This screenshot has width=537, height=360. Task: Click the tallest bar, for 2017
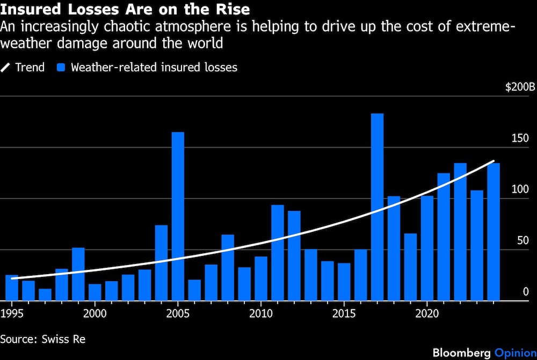pos(377,207)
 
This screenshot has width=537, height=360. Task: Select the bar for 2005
pos(178,216)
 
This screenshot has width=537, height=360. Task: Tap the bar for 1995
pos(12,288)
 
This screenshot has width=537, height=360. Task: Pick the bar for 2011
pos(278,253)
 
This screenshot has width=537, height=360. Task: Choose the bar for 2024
pos(494,232)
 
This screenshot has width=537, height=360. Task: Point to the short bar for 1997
pos(45,295)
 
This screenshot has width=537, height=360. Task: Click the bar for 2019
pos(410,267)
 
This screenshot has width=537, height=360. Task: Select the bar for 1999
pos(78,274)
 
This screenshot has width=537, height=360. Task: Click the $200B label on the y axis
pos(520,87)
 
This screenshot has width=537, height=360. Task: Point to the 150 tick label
pos(520,138)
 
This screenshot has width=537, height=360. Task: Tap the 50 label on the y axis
pos(523,240)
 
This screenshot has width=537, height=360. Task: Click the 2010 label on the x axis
pos(261,313)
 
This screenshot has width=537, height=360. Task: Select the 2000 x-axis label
pos(95,313)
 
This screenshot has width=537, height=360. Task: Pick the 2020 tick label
pos(427,313)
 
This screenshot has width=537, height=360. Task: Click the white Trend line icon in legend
pos(5,68)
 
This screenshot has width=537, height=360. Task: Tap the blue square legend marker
pos(61,68)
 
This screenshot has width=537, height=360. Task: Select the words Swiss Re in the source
pos(63,339)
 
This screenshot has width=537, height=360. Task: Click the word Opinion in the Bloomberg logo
pos(516,352)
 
